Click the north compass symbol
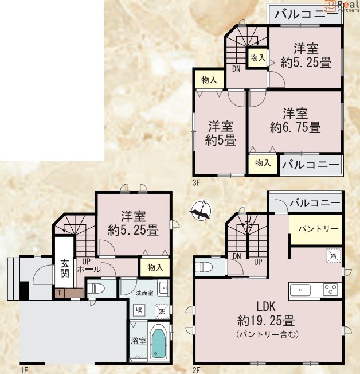click(201, 211)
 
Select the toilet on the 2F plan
click(204, 267)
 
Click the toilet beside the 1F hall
click(96, 289)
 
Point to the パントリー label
click(319, 229)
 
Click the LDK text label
click(266, 307)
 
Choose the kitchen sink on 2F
click(300, 290)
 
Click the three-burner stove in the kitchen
click(330, 290)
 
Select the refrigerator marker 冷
click(334, 256)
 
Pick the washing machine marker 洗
click(162, 311)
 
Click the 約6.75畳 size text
click(295, 127)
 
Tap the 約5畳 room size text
click(221, 140)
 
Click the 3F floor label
click(195, 183)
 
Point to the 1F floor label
click(24, 370)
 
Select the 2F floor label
click(196, 370)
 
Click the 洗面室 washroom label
click(144, 293)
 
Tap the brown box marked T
click(60, 293)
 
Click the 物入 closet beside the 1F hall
click(155, 267)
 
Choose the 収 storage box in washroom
click(139, 310)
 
